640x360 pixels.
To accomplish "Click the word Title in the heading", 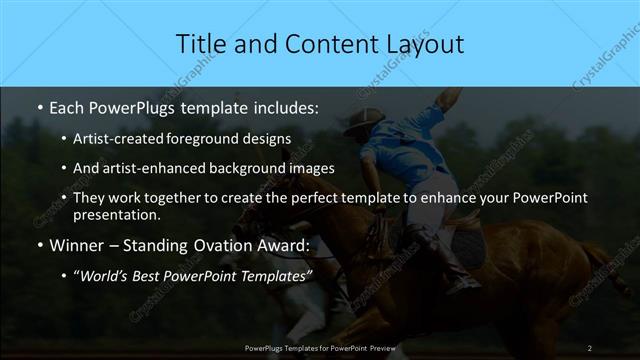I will (200, 44).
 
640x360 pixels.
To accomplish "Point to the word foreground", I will (219, 138).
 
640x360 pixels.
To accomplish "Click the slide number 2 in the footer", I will (589, 347).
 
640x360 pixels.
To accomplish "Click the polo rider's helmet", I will (361, 119).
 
